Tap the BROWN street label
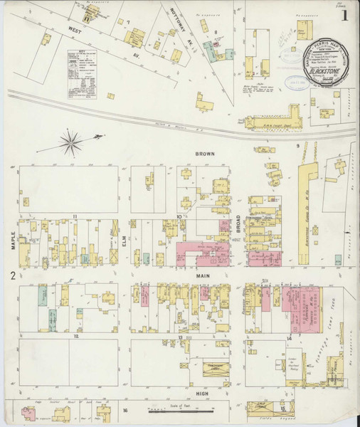point(207,154)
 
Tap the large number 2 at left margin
point(12,275)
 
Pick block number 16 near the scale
point(124,411)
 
